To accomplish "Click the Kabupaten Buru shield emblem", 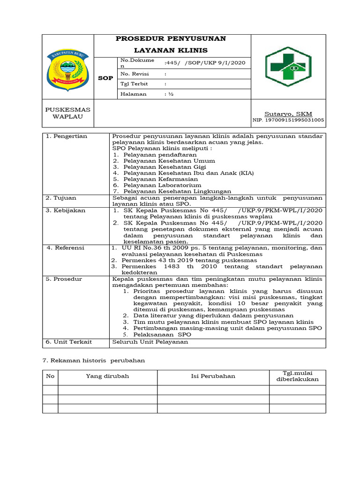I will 68,69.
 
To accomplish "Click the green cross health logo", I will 285,67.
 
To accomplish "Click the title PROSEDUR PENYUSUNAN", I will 171,38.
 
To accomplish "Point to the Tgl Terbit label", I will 135,83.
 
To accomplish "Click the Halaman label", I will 134,94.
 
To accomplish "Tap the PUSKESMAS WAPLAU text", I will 67,113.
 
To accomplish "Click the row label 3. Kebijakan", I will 66,210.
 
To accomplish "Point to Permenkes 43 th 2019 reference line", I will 189,260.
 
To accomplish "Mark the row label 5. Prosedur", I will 64,279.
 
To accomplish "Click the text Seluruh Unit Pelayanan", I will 150,342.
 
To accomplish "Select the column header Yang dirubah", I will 107,376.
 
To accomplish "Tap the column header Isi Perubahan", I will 213,376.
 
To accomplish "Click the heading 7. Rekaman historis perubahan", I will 94,360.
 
